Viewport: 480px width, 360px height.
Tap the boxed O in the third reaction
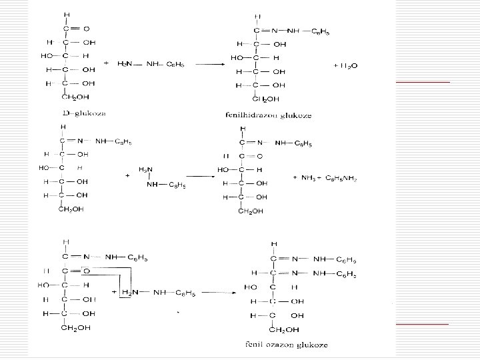(87, 271)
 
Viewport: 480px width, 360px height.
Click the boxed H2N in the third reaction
(129, 293)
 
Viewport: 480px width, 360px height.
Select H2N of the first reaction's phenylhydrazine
(125, 64)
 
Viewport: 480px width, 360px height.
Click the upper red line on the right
(422, 81)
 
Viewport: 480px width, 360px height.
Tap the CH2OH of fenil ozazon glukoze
(283, 329)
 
